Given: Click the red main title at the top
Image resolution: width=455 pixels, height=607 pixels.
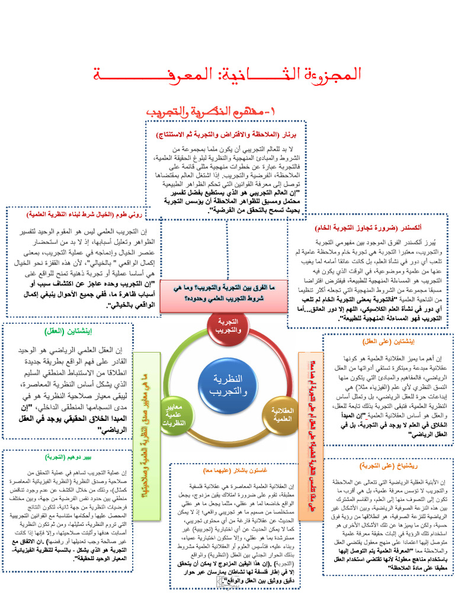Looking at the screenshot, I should point(227,75).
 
